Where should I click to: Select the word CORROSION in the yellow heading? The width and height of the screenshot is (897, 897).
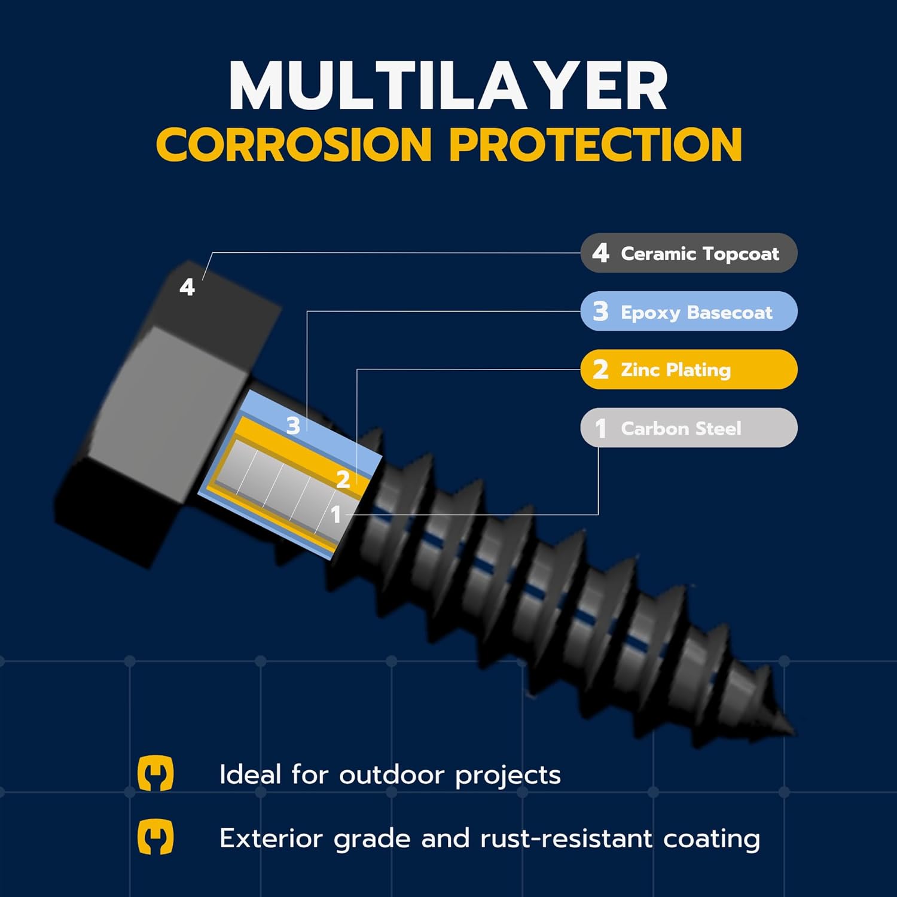pyautogui.click(x=294, y=145)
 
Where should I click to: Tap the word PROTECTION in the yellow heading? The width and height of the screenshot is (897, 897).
pyautogui.click(x=595, y=145)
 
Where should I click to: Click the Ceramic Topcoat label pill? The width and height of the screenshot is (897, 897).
pyautogui.click(x=688, y=253)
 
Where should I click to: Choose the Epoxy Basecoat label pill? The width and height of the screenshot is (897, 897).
pyautogui.click(x=688, y=311)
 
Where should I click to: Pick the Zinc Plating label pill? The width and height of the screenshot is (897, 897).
pyautogui.click(x=688, y=370)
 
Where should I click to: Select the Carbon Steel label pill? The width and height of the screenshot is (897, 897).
pyautogui.click(x=688, y=428)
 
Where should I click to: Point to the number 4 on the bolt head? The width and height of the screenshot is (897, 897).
pyautogui.click(x=187, y=288)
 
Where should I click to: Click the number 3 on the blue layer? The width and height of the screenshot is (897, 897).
pyautogui.click(x=292, y=426)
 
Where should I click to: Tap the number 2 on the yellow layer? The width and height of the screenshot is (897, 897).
pyautogui.click(x=343, y=480)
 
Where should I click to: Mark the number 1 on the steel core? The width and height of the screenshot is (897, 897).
pyautogui.click(x=335, y=514)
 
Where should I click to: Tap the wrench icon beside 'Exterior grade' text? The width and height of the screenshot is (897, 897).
pyautogui.click(x=155, y=837)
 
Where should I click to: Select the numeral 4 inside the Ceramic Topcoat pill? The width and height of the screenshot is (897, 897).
pyautogui.click(x=600, y=253)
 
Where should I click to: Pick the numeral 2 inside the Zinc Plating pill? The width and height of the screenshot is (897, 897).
pyautogui.click(x=600, y=370)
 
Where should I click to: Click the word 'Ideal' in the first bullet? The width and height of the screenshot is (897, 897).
pyautogui.click(x=250, y=775)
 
